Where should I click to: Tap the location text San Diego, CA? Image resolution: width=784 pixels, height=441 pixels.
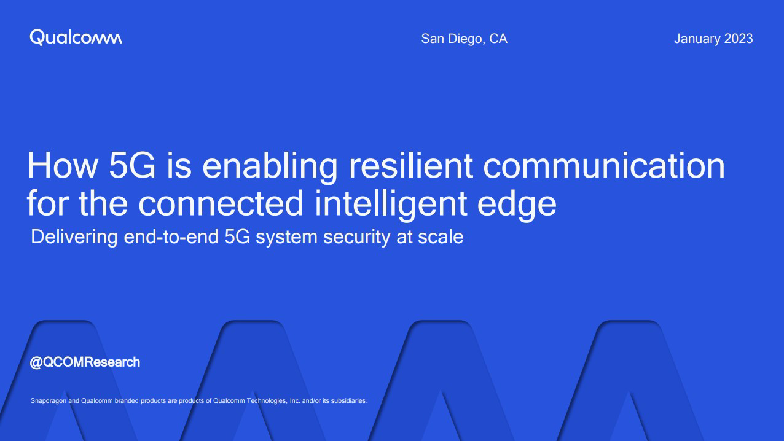click(464, 39)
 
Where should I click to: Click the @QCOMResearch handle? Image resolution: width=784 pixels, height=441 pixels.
click(85, 362)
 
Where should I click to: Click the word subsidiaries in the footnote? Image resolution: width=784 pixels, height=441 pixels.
click(348, 401)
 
